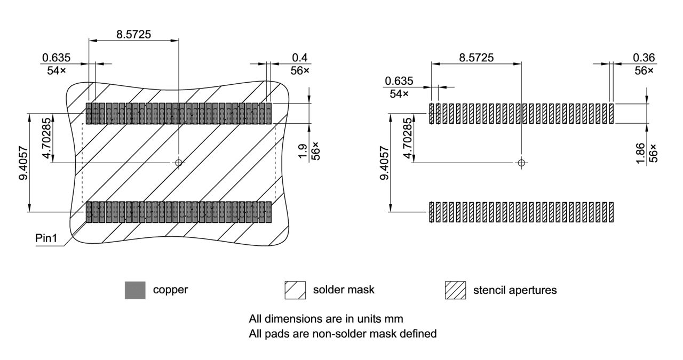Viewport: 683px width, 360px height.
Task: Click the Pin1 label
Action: (x=46, y=238)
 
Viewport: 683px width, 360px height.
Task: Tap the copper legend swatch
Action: (x=135, y=290)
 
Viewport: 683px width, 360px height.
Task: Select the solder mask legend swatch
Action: (x=295, y=290)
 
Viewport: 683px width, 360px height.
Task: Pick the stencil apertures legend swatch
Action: (x=455, y=290)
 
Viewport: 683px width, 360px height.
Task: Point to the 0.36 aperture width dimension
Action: (x=644, y=58)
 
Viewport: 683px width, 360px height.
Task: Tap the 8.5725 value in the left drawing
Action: (x=133, y=34)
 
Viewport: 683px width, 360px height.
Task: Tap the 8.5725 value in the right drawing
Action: (x=476, y=57)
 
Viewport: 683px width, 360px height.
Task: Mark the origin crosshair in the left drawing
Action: (x=179, y=162)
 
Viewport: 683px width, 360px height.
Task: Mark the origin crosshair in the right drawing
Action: (x=522, y=162)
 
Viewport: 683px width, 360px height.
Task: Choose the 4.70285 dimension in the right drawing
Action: (x=408, y=139)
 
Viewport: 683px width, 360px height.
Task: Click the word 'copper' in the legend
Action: (x=170, y=290)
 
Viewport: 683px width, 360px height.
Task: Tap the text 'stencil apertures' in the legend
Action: (x=514, y=290)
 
